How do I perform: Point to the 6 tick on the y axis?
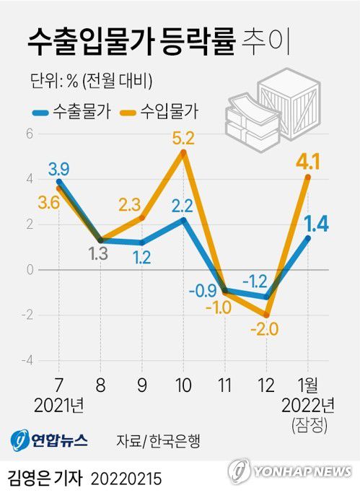point(30,134)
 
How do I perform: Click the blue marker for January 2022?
point(308,237)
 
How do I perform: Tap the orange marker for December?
point(267,315)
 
